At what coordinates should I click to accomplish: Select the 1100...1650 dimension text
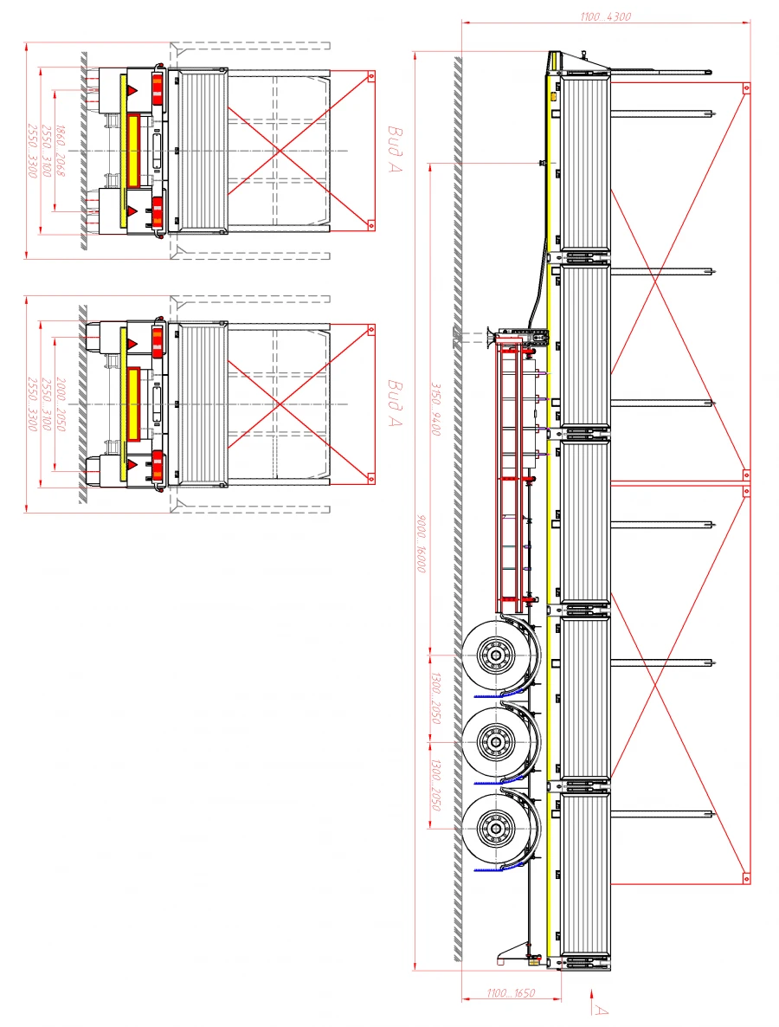click(x=510, y=993)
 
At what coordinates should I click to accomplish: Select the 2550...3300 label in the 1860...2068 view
click(x=33, y=151)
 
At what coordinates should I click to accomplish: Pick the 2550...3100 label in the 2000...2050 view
click(x=47, y=404)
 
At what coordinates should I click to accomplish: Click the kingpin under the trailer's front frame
click(x=543, y=162)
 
